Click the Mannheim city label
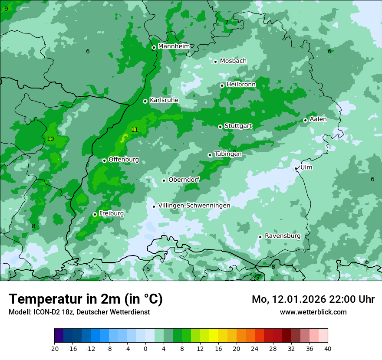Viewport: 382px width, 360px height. [174, 46]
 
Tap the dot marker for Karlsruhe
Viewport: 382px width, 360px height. [145, 101]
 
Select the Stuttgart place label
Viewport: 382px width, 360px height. [238, 126]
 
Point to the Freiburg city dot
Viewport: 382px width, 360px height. [95, 214]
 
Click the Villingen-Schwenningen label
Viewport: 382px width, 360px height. [194, 206]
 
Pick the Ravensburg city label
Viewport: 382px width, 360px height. [283, 236]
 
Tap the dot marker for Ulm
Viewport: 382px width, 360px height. [296, 168]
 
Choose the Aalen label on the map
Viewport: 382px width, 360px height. [318, 119]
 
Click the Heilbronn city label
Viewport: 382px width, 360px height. [241, 85]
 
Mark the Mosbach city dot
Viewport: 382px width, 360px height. [215, 62]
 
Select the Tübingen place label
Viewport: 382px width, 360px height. [228, 154]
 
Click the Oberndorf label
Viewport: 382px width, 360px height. [184, 180]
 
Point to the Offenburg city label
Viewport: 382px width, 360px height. [124, 160]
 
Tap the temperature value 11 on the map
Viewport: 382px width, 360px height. [135, 130]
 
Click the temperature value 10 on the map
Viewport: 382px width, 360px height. [50, 139]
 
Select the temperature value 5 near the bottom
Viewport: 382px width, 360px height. [148, 269]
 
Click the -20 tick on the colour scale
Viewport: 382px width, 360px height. [54, 349]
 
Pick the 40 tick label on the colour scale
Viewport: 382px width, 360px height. [327, 349]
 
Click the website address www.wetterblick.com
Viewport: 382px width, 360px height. [313, 312]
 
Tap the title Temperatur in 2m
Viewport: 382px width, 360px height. [86, 299]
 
